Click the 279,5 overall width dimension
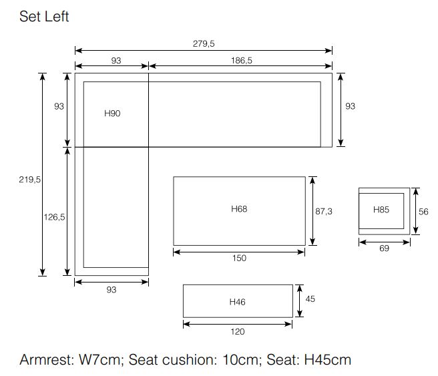click(x=204, y=43)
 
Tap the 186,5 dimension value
click(x=241, y=60)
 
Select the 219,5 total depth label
click(x=29, y=180)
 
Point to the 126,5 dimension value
click(x=54, y=217)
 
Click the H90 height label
click(x=112, y=113)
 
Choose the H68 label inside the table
click(x=239, y=208)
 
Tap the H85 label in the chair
click(x=381, y=210)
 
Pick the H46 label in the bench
click(x=238, y=302)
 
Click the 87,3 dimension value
click(x=324, y=212)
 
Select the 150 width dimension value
click(x=239, y=258)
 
